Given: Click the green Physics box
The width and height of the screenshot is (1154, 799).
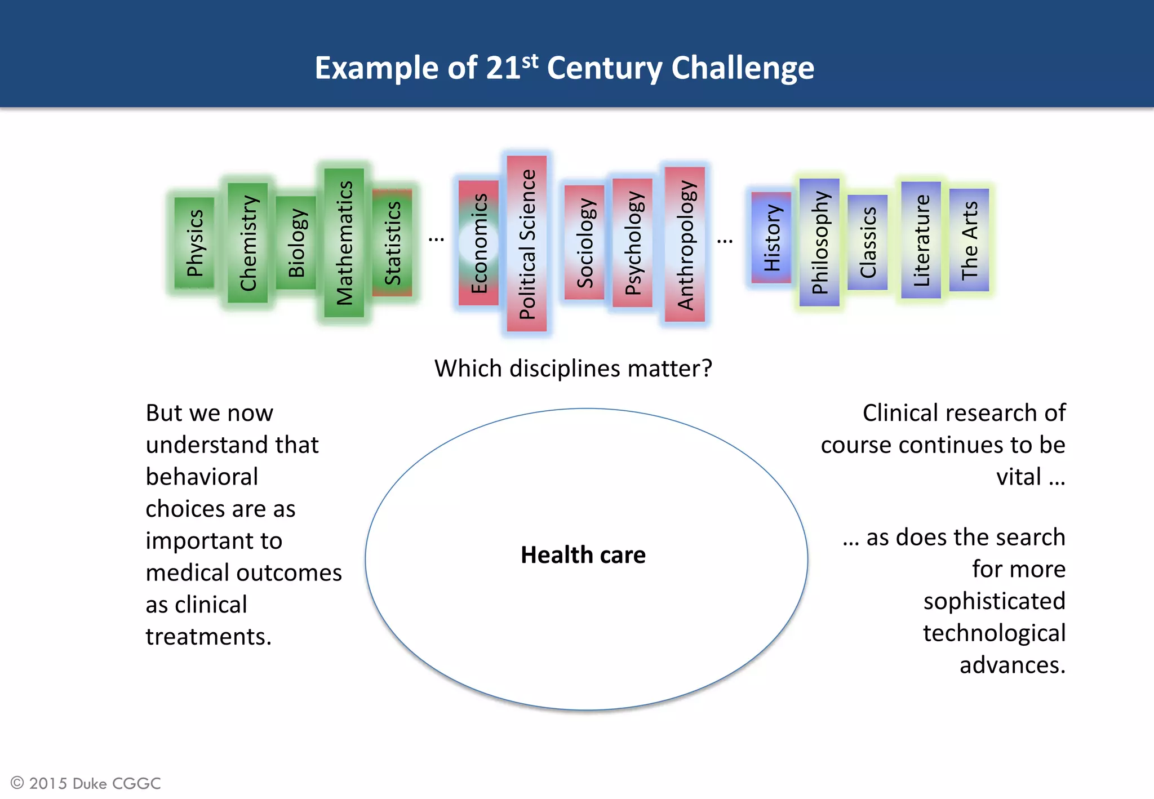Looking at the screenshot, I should (x=194, y=243).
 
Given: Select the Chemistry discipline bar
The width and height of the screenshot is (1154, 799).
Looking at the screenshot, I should (x=248, y=243).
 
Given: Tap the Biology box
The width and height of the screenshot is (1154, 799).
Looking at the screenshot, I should (x=296, y=243).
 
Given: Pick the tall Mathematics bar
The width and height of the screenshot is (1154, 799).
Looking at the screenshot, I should (x=344, y=243).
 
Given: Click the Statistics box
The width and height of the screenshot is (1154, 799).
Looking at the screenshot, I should (x=392, y=243).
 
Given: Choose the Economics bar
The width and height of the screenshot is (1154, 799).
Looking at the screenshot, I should (x=478, y=243).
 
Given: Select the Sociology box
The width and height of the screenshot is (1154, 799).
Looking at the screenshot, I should (x=584, y=242).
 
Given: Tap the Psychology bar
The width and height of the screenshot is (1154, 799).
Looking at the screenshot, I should (x=632, y=243).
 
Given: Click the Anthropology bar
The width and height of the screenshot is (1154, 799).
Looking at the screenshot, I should (x=685, y=244).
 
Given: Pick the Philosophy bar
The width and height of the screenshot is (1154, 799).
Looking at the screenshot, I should (x=819, y=242).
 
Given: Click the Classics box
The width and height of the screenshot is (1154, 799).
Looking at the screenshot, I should (x=868, y=242).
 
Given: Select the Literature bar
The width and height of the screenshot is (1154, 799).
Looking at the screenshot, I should (x=921, y=240).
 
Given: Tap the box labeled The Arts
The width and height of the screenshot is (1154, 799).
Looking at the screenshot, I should (x=969, y=240).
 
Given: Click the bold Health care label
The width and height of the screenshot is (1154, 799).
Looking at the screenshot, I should (x=583, y=555).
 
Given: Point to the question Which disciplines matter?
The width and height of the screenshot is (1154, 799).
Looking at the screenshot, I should (x=573, y=369).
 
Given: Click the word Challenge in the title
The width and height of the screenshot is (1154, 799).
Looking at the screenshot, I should (x=743, y=68).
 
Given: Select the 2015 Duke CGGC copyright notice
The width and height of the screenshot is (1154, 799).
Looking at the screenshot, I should (x=86, y=783).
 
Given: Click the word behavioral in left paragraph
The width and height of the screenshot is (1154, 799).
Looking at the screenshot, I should (x=202, y=477).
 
